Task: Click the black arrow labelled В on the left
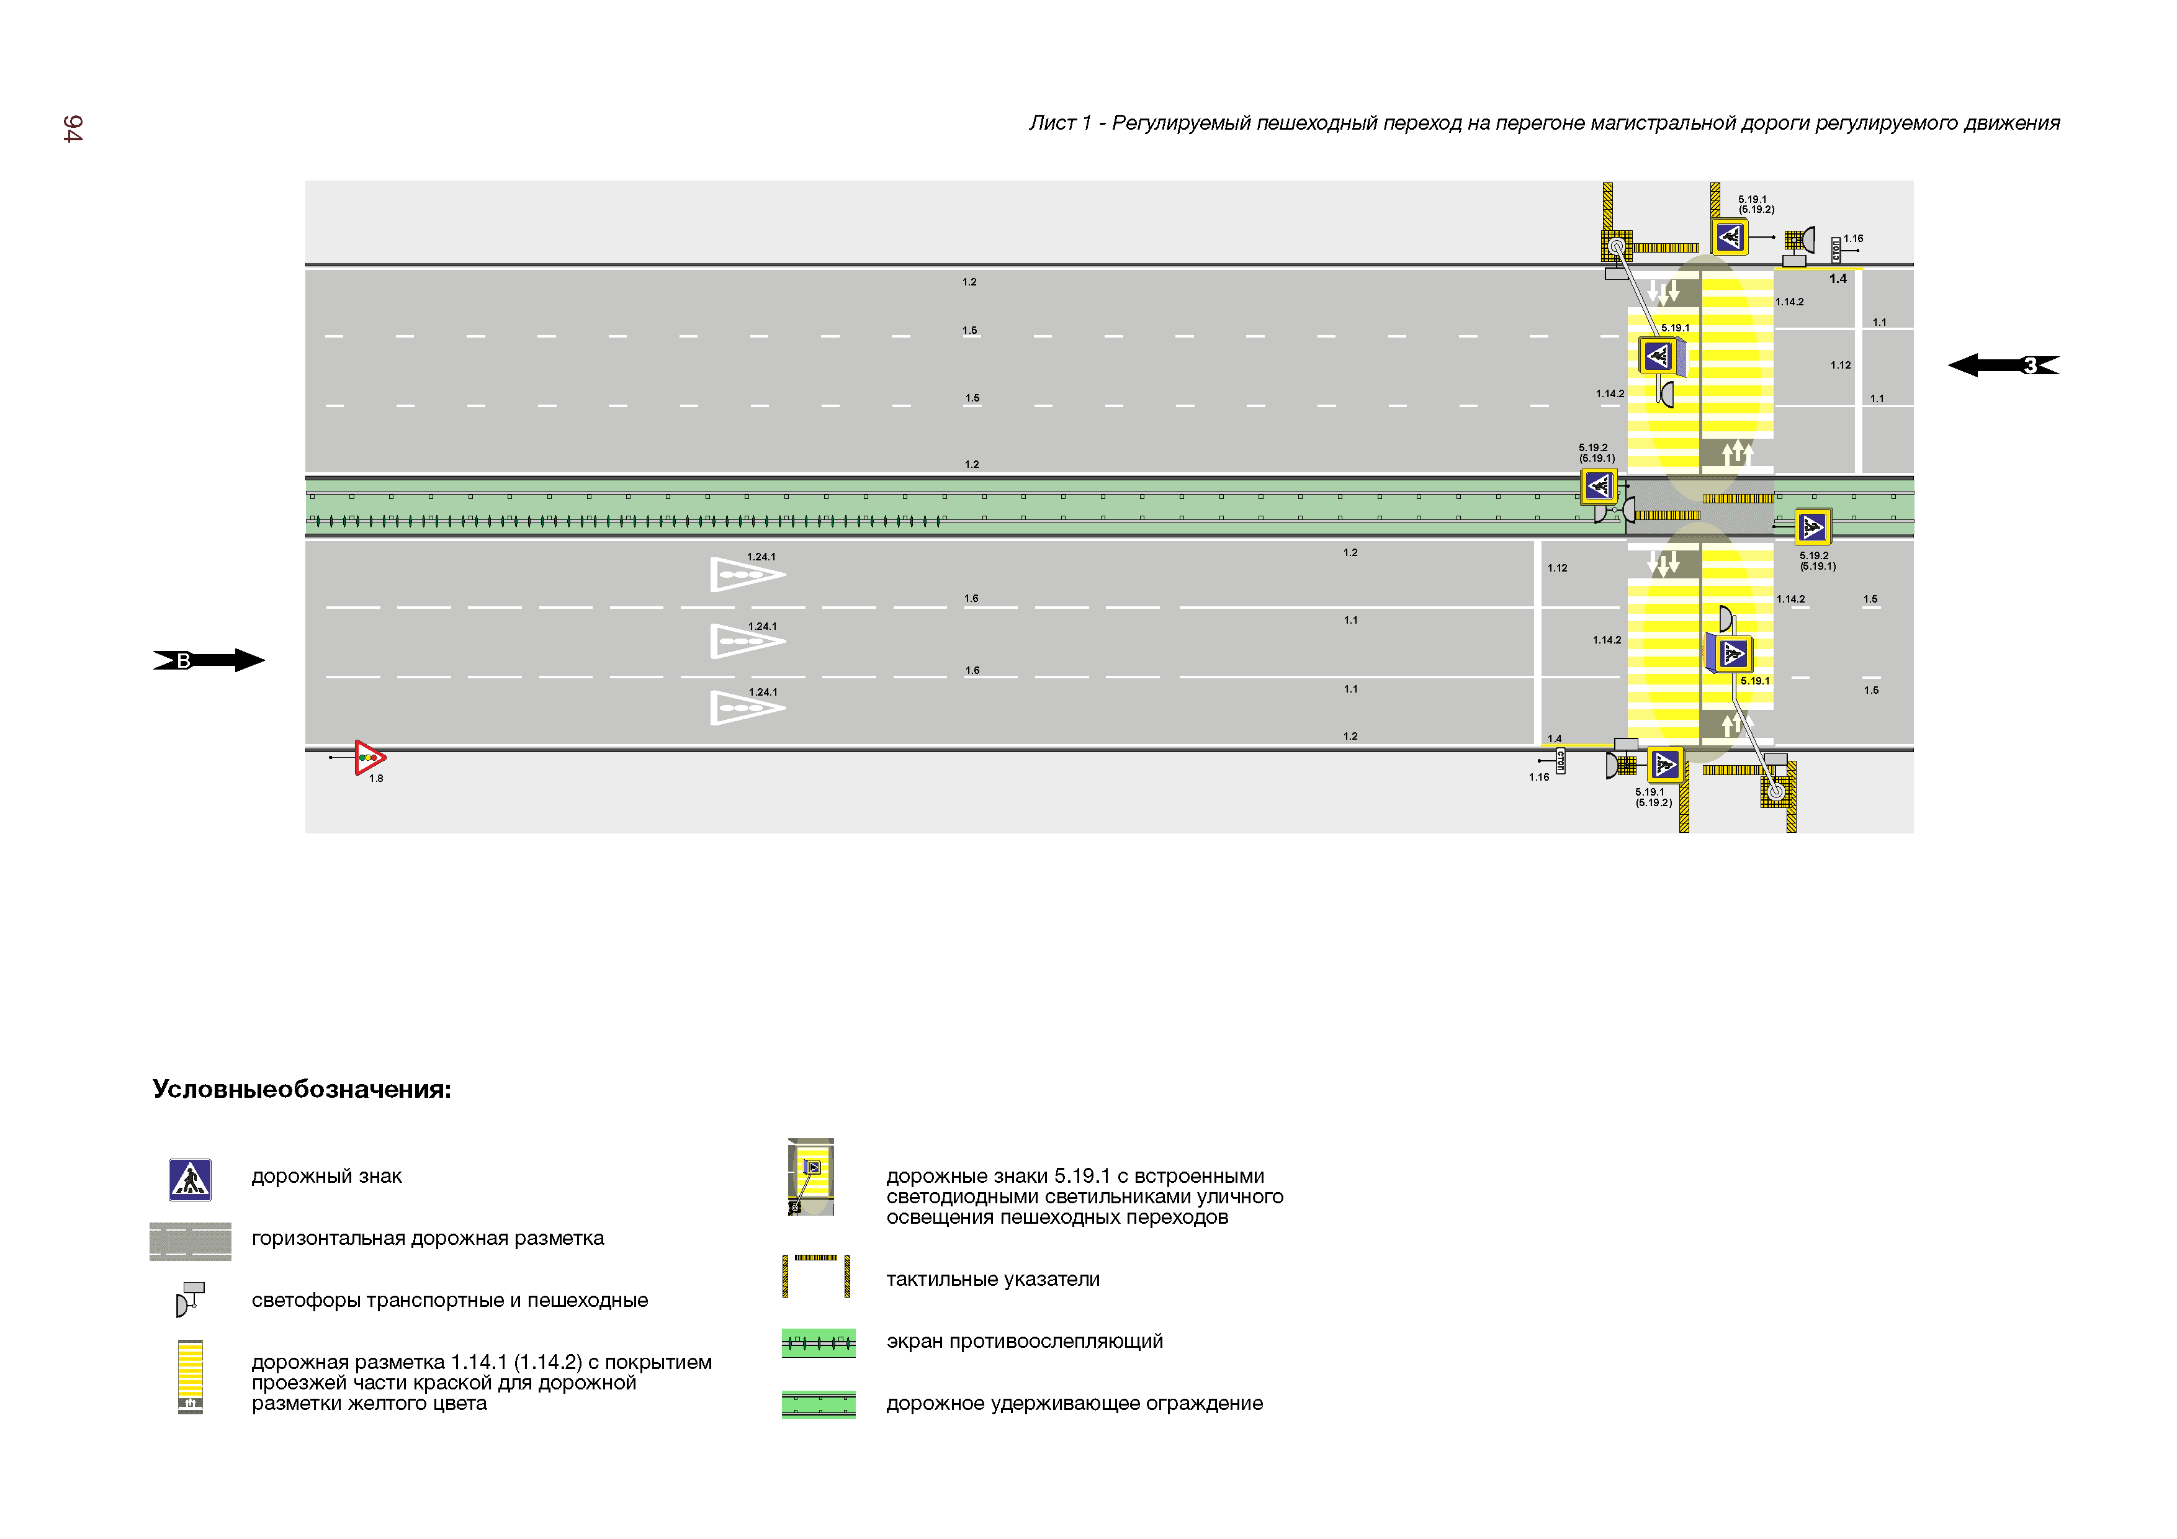209,661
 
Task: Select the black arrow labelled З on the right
2003,365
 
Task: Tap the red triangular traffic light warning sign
369,758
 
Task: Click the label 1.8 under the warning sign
377,779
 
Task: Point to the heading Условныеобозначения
302,1090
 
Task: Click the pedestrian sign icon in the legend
190,1180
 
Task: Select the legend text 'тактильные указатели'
993,1279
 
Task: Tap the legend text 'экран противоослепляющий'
1024,1341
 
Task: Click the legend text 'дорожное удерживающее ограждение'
1074,1403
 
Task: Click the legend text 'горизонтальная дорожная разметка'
428,1239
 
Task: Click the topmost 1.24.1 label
761,557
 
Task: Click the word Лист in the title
1053,123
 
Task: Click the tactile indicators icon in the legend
815,1275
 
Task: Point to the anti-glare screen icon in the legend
819,1343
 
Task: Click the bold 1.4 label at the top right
1838,279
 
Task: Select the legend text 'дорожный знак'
326,1177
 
